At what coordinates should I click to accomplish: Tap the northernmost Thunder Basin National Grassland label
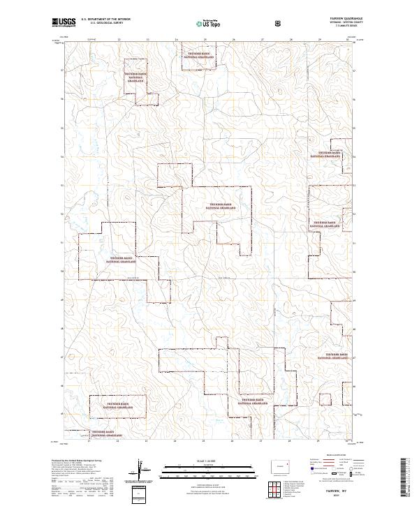pyautogui.click(x=198, y=54)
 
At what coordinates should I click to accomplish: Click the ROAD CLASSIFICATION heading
pyautogui.click(x=325, y=458)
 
